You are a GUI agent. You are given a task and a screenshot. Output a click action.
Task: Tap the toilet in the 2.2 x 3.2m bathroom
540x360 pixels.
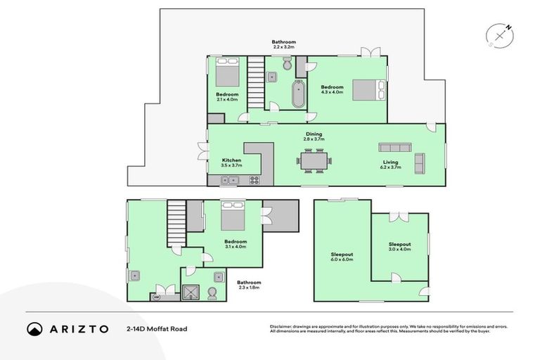[x=286, y=65]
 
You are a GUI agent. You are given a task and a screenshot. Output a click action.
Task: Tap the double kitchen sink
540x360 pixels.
[x=229, y=180]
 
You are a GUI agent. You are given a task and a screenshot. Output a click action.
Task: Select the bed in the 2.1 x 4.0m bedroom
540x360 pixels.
[x=227, y=72]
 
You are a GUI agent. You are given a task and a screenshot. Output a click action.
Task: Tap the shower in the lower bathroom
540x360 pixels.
[x=191, y=292]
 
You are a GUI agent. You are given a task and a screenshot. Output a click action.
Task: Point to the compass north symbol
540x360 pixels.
[x=500, y=34]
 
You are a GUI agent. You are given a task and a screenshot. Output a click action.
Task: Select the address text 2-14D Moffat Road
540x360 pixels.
[x=156, y=328]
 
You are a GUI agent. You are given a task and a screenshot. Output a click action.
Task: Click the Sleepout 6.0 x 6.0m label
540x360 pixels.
[x=342, y=257]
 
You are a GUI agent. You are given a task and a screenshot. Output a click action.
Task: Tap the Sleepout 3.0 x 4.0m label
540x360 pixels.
[x=399, y=246]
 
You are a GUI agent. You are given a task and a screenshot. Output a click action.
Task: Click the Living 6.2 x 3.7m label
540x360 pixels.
[x=391, y=165]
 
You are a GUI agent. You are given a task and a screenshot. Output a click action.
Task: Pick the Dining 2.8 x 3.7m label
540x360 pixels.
[x=313, y=136]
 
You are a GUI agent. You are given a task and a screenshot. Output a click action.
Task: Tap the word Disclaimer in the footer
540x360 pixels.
[x=282, y=326]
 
